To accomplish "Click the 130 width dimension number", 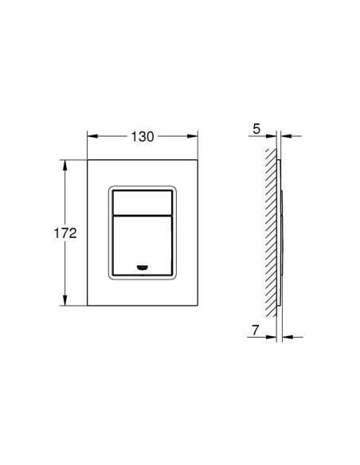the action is [143, 137].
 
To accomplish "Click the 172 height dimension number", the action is [65, 233].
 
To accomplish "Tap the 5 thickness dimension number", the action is [256, 129].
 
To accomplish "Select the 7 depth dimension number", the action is [256, 330].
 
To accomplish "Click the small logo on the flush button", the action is [143, 268].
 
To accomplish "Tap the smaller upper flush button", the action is [143, 202].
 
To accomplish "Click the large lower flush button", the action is [143, 245].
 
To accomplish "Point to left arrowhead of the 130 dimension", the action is [92, 136].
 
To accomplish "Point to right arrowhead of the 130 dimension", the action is [192, 136].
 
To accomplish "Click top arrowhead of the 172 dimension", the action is [65, 166].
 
